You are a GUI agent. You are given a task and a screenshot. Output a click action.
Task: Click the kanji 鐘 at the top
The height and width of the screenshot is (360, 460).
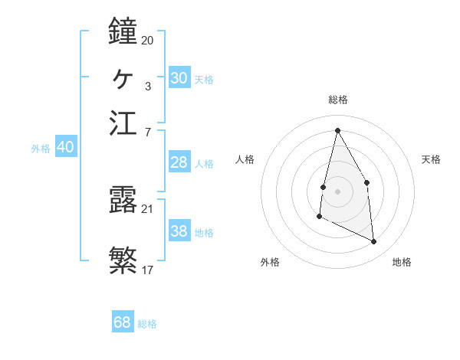point(123,31)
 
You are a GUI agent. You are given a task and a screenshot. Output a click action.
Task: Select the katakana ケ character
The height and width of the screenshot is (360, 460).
point(123,77)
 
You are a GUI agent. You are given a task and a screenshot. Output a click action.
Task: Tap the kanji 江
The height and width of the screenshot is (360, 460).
point(123,123)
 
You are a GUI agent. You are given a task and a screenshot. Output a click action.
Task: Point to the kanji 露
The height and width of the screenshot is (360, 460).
point(123,200)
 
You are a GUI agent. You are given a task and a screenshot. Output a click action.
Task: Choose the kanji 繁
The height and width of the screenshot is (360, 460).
point(123,259)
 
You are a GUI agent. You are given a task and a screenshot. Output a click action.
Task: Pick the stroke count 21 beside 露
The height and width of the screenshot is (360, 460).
point(147,208)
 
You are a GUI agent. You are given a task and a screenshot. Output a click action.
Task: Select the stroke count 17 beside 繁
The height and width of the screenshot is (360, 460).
point(147,269)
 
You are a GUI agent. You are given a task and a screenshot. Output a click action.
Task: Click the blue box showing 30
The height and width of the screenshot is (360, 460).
point(179,78)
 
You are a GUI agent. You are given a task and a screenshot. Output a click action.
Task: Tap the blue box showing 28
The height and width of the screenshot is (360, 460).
point(179,162)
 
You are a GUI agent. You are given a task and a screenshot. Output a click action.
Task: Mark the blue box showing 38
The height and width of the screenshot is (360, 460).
point(179,231)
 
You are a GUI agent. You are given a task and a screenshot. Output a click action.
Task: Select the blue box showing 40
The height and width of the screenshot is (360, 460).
point(65,147)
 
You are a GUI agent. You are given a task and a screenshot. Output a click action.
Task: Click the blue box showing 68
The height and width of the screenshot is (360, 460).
point(122,322)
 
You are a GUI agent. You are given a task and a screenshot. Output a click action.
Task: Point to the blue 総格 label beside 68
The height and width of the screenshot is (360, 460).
point(147,324)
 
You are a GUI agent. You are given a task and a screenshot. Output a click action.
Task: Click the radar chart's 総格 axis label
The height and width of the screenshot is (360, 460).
point(338,100)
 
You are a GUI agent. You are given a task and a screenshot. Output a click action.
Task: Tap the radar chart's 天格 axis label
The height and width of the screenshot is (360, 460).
point(431,159)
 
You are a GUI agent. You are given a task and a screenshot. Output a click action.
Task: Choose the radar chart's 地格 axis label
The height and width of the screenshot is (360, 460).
point(402,262)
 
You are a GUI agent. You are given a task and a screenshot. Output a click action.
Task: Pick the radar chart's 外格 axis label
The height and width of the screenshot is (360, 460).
point(270,262)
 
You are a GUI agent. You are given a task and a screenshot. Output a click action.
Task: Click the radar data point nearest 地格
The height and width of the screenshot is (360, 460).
point(374,241)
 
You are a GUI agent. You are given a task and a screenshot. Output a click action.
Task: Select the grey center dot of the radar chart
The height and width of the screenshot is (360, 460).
point(337,191)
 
